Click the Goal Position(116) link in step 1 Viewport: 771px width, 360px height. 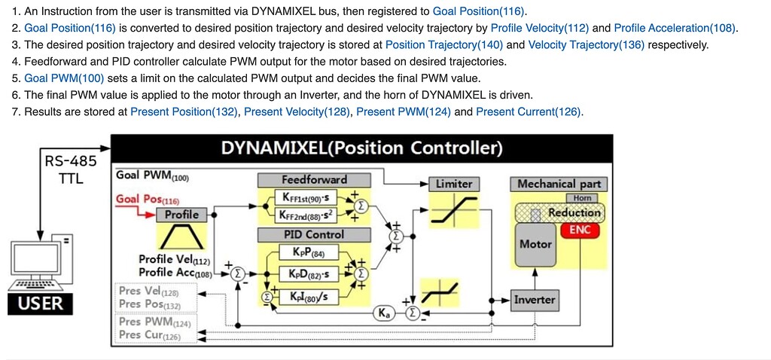480,12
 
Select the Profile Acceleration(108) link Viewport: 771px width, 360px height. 675,29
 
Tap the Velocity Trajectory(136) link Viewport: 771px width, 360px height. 586,45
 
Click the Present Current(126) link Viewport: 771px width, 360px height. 529,111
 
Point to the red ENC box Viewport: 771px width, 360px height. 580,230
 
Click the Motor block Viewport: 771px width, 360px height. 535,244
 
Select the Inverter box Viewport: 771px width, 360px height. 534,300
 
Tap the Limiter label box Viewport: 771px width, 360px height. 454,184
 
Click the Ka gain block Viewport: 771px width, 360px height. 382,313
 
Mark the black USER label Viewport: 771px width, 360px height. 41,304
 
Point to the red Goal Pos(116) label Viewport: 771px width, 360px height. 148,200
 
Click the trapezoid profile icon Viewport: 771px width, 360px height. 181,238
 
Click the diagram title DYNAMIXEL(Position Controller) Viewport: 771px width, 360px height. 361,147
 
